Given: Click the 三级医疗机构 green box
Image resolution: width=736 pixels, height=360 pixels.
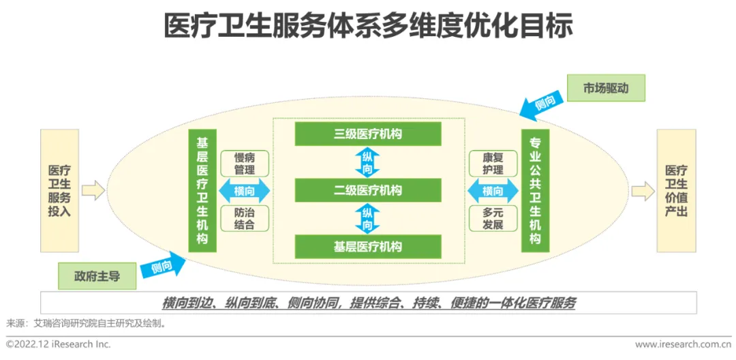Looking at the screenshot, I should [368, 134].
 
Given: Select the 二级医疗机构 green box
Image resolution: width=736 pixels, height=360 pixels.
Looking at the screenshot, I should [368, 190].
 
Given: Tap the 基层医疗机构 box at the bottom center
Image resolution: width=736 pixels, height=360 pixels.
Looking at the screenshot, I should [368, 246].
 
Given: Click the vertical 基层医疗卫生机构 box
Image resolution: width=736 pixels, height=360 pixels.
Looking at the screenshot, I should [202, 191].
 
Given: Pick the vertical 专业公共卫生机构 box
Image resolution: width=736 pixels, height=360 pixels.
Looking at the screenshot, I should [535, 191].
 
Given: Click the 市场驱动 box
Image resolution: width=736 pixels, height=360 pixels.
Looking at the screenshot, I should [605, 89].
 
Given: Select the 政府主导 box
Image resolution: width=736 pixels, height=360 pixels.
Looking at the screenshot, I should [97, 276].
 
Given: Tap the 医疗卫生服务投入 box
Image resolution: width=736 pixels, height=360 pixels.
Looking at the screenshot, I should [59, 191].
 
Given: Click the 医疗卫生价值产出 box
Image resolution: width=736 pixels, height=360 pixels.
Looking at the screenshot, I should [676, 191].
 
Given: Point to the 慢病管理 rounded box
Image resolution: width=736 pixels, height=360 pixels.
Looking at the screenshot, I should [244, 164].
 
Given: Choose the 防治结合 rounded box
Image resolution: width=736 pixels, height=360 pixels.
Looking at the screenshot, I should [244, 218].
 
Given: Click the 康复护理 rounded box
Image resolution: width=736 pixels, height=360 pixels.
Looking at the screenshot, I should [492, 164].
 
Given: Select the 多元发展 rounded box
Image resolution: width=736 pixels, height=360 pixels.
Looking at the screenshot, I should [492, 218].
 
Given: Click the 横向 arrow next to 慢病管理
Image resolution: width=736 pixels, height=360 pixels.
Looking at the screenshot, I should [245, 191].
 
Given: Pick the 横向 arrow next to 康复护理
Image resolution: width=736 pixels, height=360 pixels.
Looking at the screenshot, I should [492, 191].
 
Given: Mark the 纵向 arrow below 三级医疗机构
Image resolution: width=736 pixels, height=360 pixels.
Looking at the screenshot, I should [367, 162].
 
